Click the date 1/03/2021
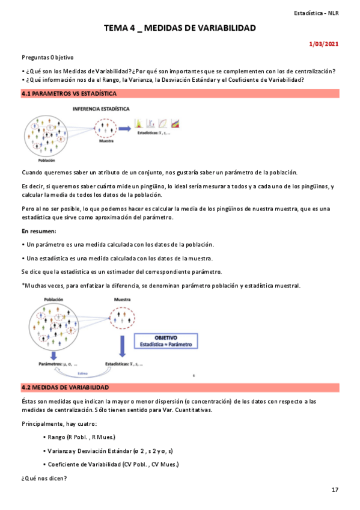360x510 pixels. [x=324, y=44]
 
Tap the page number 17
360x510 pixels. [x=335, y=490]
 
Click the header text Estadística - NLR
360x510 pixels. [x=317, y=13]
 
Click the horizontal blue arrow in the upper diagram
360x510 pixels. [x=125, y=128]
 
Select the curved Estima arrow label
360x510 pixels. [x=75, y=372]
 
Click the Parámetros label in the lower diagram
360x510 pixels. [x=58, y=364]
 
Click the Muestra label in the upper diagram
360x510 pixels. [x=106, y=142]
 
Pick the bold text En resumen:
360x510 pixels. [x=38, y=231]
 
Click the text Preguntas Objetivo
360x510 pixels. [x=47, y=57]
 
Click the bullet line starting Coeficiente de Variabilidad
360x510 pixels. [x=112, y=464]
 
